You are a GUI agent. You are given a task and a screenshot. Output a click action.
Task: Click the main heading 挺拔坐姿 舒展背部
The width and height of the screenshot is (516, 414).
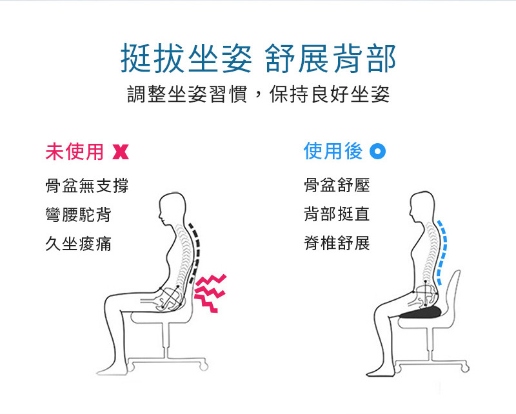click(x=259, y=58)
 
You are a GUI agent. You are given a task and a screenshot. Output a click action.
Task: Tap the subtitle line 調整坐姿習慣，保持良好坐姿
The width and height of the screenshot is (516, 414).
click(x=259, y=94)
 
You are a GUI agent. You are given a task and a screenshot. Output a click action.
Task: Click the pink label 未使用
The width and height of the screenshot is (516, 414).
click(x=74, y=152)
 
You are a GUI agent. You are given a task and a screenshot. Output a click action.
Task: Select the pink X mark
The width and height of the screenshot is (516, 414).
click(x=121, y=152)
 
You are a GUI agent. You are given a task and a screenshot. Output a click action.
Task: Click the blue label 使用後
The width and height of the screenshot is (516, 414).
click(x=333, y=151)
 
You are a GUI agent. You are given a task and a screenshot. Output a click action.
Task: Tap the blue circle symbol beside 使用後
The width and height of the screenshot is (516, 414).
click(x=377, y=152)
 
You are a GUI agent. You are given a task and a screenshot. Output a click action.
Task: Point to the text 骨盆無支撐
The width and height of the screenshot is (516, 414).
click(x=87, y=185)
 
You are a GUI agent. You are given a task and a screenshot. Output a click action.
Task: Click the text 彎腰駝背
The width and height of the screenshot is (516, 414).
click(x=78, y=215)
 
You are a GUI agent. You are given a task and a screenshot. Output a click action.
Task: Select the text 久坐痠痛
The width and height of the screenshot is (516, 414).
click(x=78, y=244)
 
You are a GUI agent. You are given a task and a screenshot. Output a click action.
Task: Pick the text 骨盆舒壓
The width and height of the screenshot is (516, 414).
click(x=337, y=185)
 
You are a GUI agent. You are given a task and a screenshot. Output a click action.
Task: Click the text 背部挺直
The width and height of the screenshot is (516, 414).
click(x=337, y=214)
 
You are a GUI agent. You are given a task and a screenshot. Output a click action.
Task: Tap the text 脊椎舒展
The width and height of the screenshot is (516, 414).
click(x=337, y=243)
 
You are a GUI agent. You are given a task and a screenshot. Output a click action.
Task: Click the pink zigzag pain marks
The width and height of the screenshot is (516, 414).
click(x=210, y=293)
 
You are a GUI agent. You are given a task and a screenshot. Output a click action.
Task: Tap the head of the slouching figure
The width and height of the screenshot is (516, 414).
click(x=172, y=208)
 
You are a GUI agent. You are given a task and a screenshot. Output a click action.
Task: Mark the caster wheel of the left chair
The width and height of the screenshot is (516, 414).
click(x=204, y=366)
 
